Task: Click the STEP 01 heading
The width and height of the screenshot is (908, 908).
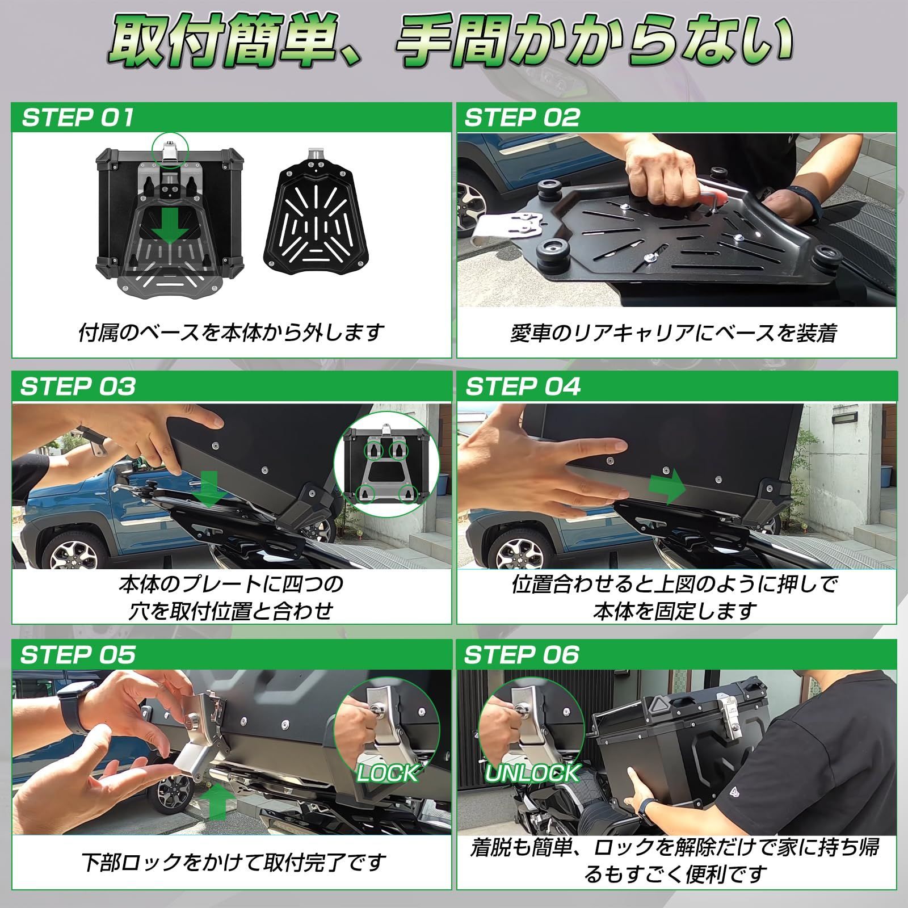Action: pyautogui.click(x=78, y=118)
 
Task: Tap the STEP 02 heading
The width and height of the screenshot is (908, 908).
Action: pyautogui.click(x=522, y=118)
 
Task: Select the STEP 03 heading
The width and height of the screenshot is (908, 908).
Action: pyautogui.click(x=78, y=387)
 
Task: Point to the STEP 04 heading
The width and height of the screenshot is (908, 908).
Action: pyautogui.click(x=523, y=387)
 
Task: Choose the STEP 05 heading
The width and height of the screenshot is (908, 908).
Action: pyautogui.click(x=78, y=655)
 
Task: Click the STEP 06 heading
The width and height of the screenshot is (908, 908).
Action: pyautogui.click(x=522, y=655)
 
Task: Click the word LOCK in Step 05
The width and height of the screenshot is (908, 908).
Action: pyautogui.click(x=388, y=774)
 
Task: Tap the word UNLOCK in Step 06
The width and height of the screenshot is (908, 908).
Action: pyautogui.click(x=532, y=774)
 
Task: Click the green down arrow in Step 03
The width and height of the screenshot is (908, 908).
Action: pyautogui.click(x=209, y=489)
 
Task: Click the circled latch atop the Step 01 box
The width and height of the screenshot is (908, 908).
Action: pyautogui.click(x=170, y=150)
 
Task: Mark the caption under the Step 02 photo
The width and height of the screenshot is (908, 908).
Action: pyautogui.click(x=674, y=334)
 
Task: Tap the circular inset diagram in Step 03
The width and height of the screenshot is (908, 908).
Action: pyautogui.click(x=386, y=465)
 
